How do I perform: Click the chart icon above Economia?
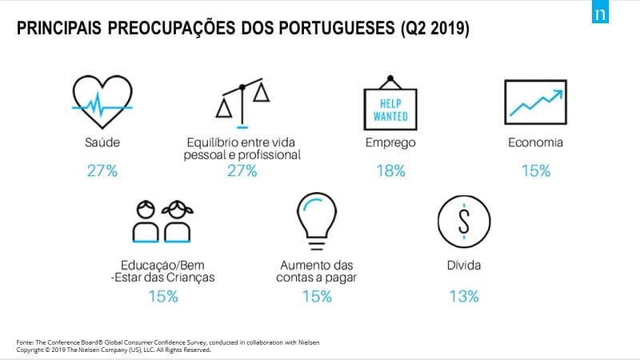(535, 102)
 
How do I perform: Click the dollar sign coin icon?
(462, 221)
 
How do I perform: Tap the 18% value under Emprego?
(390, 170)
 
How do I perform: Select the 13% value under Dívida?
(463, 296)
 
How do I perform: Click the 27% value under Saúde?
(102, 170)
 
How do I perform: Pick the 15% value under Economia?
(535, 170)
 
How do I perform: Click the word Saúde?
(102, 143)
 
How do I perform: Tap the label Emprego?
(390, 143)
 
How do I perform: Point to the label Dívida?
(462, 263)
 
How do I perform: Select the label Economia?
(535, 143)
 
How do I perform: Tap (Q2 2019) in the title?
(434, 29)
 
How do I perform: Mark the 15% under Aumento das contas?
(316, 296)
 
